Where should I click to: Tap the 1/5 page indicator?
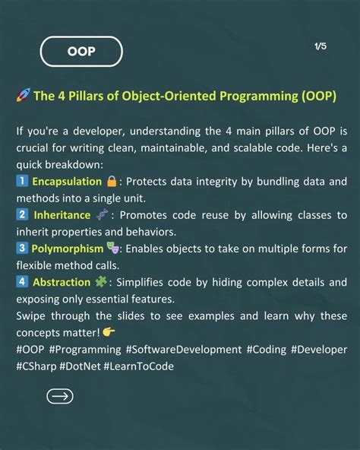tap(320, 46)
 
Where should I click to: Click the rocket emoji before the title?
tap(22, 97)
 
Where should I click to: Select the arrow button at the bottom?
tap(60, 396)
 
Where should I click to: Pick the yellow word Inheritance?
tap(62, 216)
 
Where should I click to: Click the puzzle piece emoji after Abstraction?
tap(102, 282)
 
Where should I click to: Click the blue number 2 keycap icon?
tap(21, 216)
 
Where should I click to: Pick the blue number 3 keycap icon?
tap(21, 249)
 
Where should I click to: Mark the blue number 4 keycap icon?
tap(21, 282)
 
